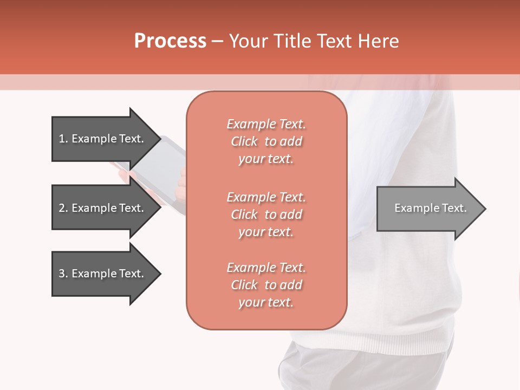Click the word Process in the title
click(170, 41)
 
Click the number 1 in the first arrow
click(62, 139)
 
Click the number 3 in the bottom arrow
click(62, 274)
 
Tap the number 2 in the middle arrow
click(62, 208)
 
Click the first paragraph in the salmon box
click(266, 141)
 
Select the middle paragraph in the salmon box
click(266, 214)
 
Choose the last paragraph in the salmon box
click(266, 285)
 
